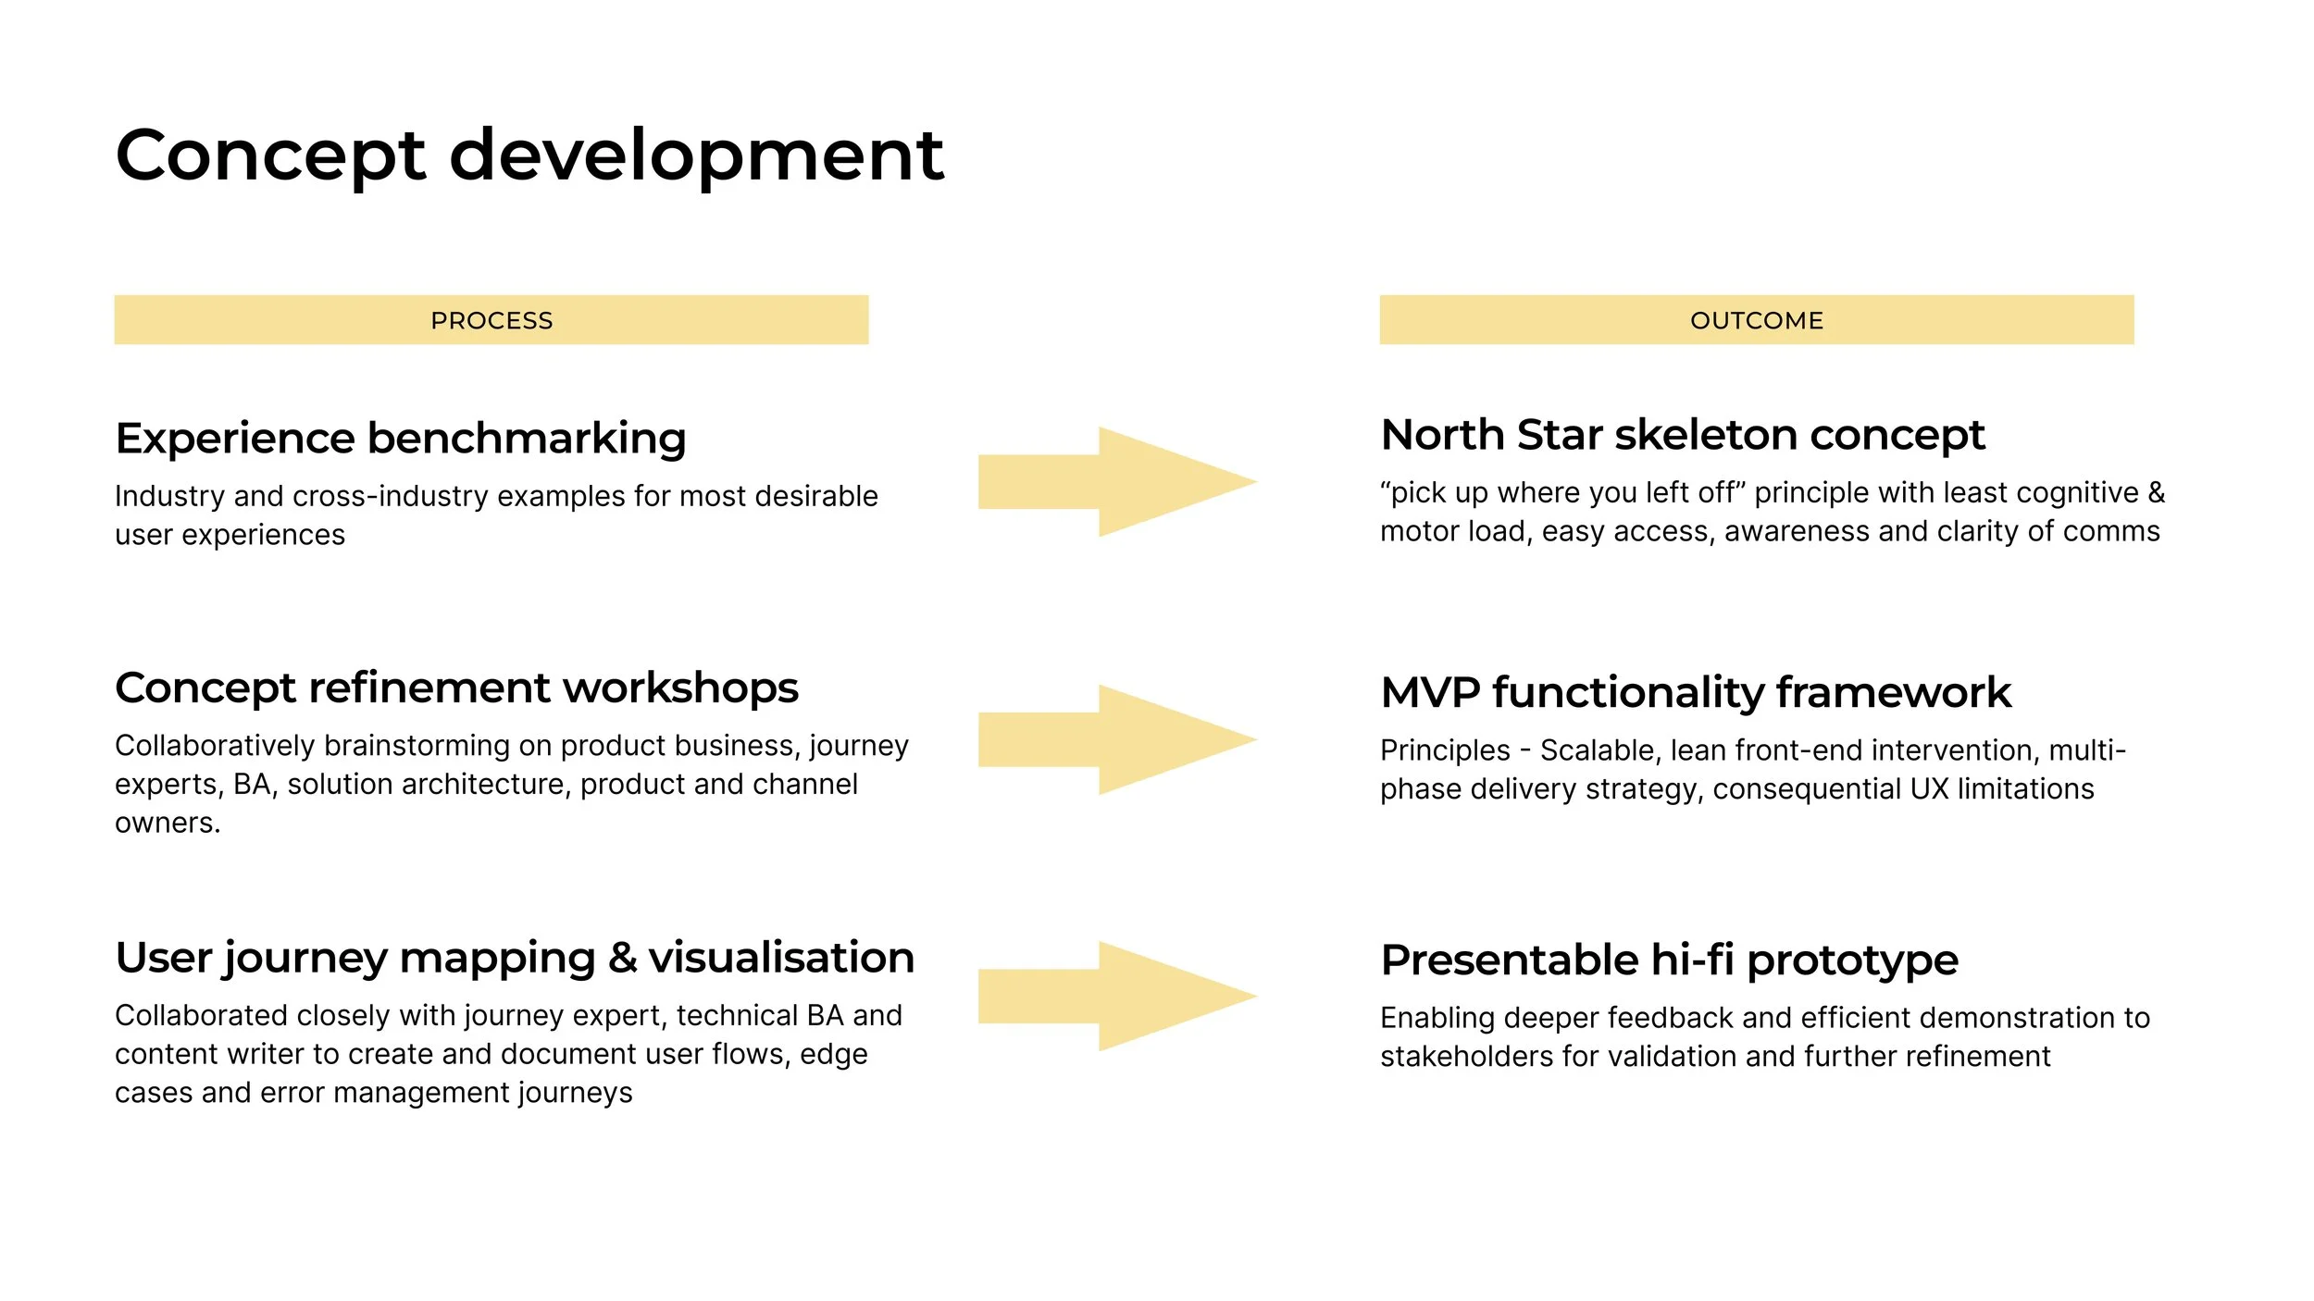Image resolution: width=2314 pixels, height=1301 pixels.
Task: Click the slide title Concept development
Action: [x=529, y=155]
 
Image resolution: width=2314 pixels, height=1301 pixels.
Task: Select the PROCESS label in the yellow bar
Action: [x=491, y=320]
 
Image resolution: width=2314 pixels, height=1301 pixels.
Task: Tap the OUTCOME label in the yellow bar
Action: [x=1756, y=320]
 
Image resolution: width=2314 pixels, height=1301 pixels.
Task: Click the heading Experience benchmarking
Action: [x=400, y=438]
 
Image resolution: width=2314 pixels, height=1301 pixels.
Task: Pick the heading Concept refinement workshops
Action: [x=456, y=688]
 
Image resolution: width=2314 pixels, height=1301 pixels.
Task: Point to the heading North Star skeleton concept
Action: [x=1682, y=435]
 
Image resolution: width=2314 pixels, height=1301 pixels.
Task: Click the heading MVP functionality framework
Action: [x=1695, y=692]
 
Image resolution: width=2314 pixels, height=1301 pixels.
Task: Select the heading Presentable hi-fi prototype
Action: [x=1669, y=960]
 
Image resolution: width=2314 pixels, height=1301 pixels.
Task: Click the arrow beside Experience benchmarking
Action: [x=1115, y=481]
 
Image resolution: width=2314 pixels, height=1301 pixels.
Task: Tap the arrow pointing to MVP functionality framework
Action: [x=1115, y=739]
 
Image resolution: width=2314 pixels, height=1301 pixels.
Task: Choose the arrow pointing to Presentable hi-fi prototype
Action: [x=1115, y=996]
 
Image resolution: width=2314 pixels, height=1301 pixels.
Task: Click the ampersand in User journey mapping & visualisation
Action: [x=623, y=958]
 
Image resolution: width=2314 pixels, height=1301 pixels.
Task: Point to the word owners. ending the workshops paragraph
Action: [x=168, y=823]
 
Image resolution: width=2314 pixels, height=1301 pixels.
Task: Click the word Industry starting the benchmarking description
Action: [x=169, y=496]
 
